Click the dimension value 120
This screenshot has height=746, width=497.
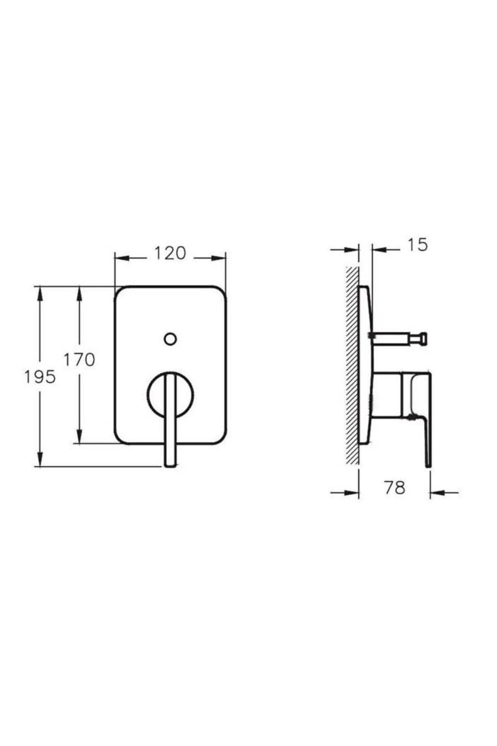tap(170, 253)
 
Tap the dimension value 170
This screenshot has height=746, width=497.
tap(79, 359)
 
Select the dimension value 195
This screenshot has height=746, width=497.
tap(40, 377)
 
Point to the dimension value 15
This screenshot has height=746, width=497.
tap(417, 245)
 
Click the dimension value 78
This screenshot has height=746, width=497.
tap(394, 488)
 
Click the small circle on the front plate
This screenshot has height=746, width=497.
tap(170, 339)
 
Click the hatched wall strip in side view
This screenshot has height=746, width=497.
tap(352, 365)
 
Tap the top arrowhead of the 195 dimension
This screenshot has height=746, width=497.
tap(40, 293)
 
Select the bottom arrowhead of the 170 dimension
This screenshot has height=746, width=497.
tap(79, 437)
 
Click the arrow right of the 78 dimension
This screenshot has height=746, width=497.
tap(437, 492)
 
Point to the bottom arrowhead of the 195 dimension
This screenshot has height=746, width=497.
tap(40, 460)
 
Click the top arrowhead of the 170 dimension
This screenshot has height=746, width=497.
tap(79, 293)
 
